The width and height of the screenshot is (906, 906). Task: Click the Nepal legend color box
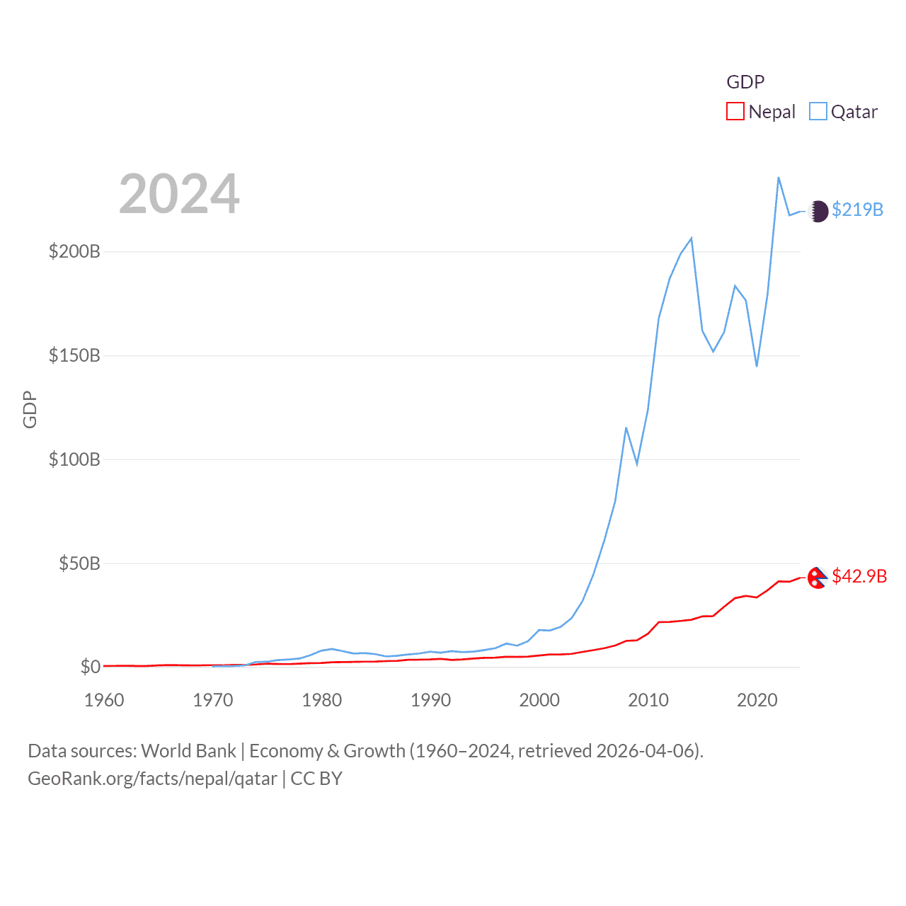point(735,112)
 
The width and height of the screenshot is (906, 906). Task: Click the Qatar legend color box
point(818,112)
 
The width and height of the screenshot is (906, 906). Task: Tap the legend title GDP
point(745,82)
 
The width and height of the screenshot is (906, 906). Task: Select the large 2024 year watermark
point(179,194)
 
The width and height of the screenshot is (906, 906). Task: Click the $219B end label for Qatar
point(857,210)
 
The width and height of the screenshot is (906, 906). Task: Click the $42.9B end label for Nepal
point(859,576)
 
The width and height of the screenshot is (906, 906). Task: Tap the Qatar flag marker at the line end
point(818,211)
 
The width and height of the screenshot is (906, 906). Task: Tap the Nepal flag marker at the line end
point(818,578)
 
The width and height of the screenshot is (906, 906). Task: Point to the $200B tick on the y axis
point(74,251)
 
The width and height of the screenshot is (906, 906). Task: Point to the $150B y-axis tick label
point(74,355)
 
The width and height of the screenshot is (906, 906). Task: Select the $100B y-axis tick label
point(74,459)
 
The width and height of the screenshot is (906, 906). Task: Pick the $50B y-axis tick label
point(79,563)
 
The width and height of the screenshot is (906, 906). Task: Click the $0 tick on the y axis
point(91,667)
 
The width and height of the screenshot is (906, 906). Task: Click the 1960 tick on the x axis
point(104,700)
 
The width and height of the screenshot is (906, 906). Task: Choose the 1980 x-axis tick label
point(321,700)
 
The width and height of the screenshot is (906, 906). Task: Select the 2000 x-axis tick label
point(539,700)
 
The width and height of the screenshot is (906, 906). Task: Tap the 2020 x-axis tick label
point(757,700)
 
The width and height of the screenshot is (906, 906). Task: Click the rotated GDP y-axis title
point(30,409)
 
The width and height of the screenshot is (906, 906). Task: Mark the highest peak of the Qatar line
point(779,178)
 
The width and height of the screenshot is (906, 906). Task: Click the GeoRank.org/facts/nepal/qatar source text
point(152,779)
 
